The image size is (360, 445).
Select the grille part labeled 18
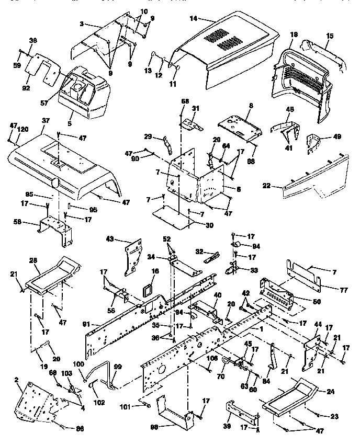click(301, 78)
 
